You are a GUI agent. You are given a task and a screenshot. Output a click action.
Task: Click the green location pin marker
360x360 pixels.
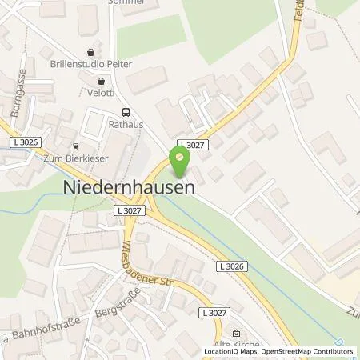tap(179, 163)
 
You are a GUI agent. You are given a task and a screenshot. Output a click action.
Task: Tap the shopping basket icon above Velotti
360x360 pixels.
tap(101, 81)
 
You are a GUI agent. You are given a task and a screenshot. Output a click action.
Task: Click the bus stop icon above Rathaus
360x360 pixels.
tap(125, 113)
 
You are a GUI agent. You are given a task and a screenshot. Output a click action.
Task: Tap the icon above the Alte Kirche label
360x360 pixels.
tap(235, 333)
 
